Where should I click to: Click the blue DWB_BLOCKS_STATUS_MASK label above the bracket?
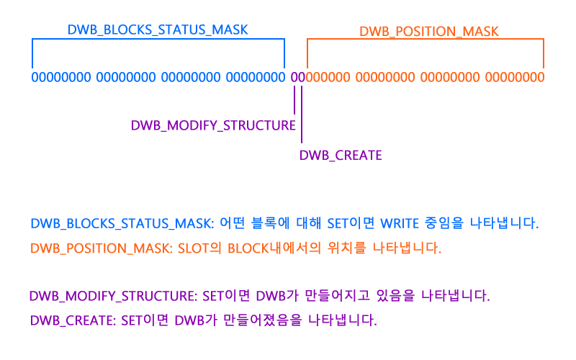pos(158,30)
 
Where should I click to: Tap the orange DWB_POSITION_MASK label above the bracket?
pos(429,32)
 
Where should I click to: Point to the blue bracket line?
pos(158,40)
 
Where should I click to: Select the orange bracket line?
pos(425,40)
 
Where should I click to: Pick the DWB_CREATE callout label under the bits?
pos(340,156)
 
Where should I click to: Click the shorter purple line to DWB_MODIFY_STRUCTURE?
pos(294,99)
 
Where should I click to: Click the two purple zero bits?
pos(297,77)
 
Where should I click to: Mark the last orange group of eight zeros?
pos(514,77)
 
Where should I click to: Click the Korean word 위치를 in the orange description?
pos(342,249)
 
